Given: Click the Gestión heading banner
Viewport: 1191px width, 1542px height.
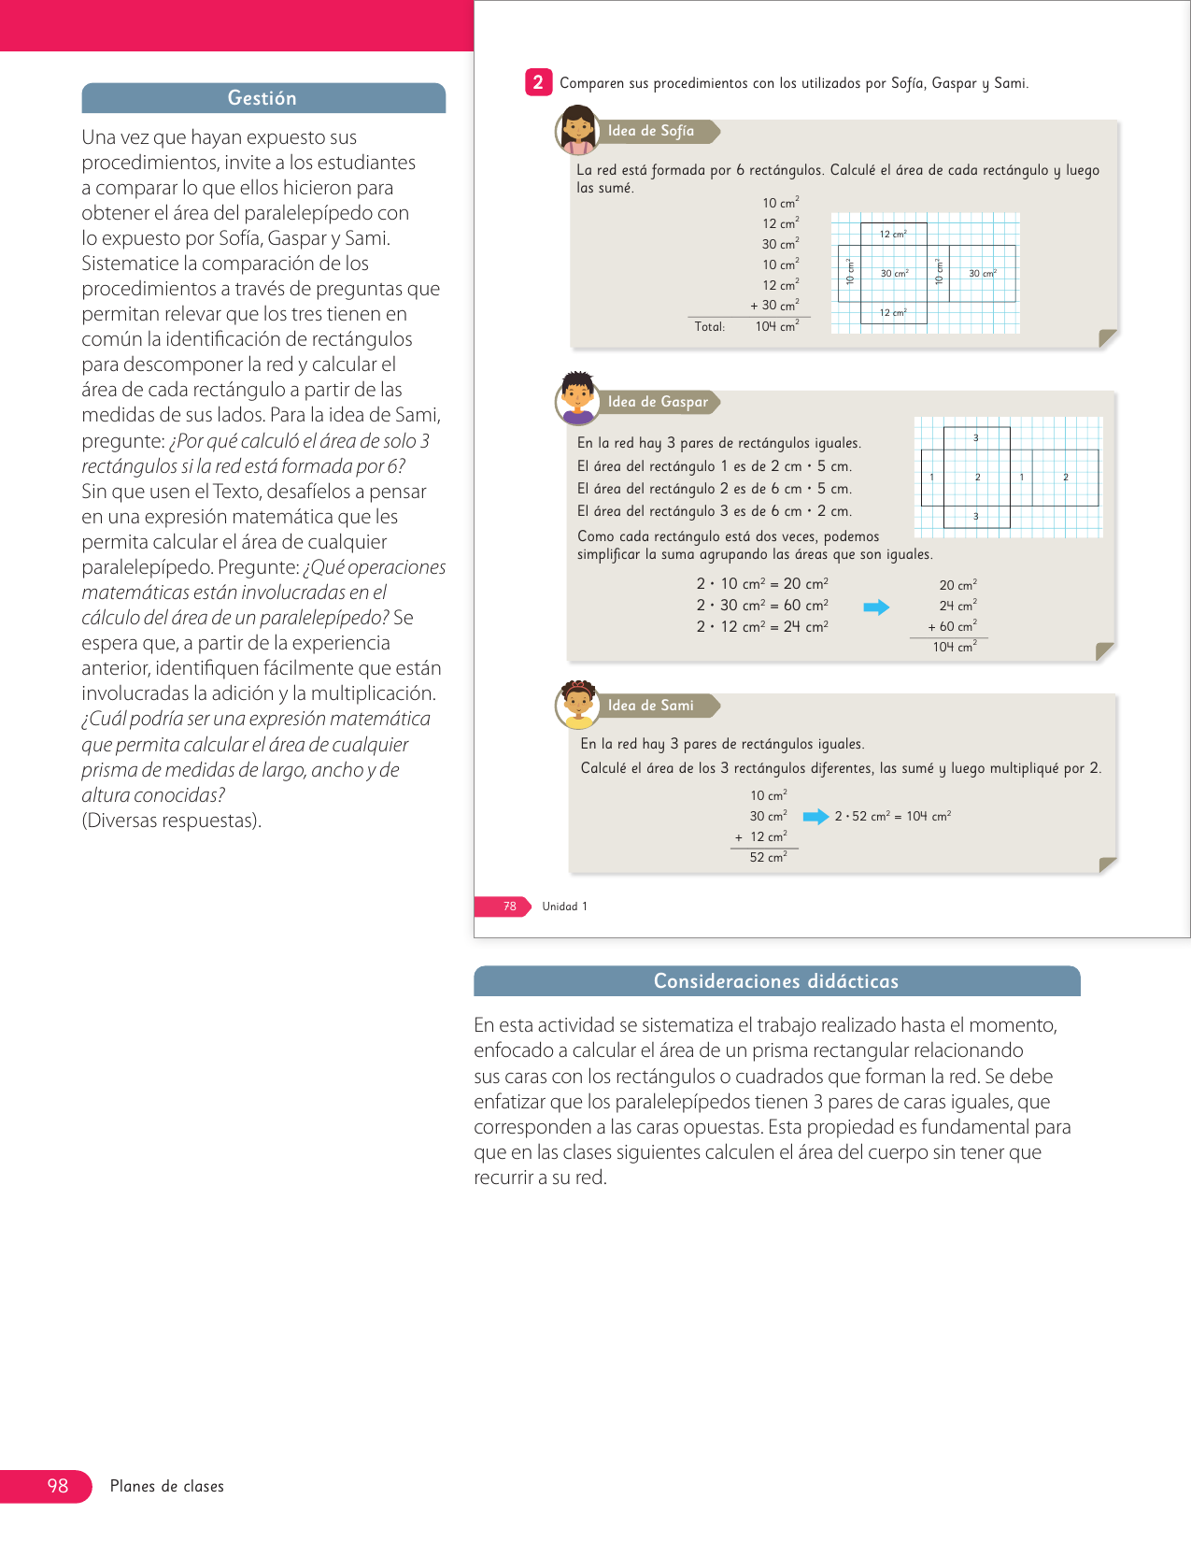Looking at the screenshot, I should point(262,98).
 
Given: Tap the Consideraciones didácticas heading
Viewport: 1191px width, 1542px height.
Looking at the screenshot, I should point(775,981).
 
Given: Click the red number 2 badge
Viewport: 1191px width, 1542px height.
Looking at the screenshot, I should point(538,82).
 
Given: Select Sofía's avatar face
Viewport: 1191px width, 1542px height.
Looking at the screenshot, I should point(578,129).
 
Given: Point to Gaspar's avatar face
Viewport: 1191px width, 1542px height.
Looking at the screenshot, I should point(578,396).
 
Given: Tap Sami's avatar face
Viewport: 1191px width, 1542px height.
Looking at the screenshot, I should point(578,703).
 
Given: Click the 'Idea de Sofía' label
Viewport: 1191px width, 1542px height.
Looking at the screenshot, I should point(651,132).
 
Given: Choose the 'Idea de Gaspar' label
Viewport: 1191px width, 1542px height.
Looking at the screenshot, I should point(658,402).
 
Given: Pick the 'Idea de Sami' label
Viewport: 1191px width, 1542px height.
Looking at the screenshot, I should point(651,706).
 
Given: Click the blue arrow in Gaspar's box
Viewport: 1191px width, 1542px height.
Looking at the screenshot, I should point(876,607).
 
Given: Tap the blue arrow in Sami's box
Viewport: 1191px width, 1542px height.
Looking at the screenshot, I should point(815,817).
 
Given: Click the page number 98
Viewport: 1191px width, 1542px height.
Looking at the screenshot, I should point(58,1486).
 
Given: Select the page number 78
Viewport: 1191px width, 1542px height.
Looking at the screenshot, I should point(509,907).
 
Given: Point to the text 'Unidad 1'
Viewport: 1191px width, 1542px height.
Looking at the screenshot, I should point(564,907).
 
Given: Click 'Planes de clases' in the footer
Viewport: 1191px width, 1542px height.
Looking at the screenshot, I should point(167,1486).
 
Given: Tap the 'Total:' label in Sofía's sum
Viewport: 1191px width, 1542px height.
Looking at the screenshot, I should point(710,326).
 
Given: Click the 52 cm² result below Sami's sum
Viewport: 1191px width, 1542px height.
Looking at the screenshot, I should point(768,857).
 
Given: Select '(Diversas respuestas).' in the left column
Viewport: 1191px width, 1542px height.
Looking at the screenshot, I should point(172,821).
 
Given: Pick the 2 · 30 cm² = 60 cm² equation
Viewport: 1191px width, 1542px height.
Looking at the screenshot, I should point(762,606).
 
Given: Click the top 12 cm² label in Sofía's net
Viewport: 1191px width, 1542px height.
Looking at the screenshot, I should point(893,234).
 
